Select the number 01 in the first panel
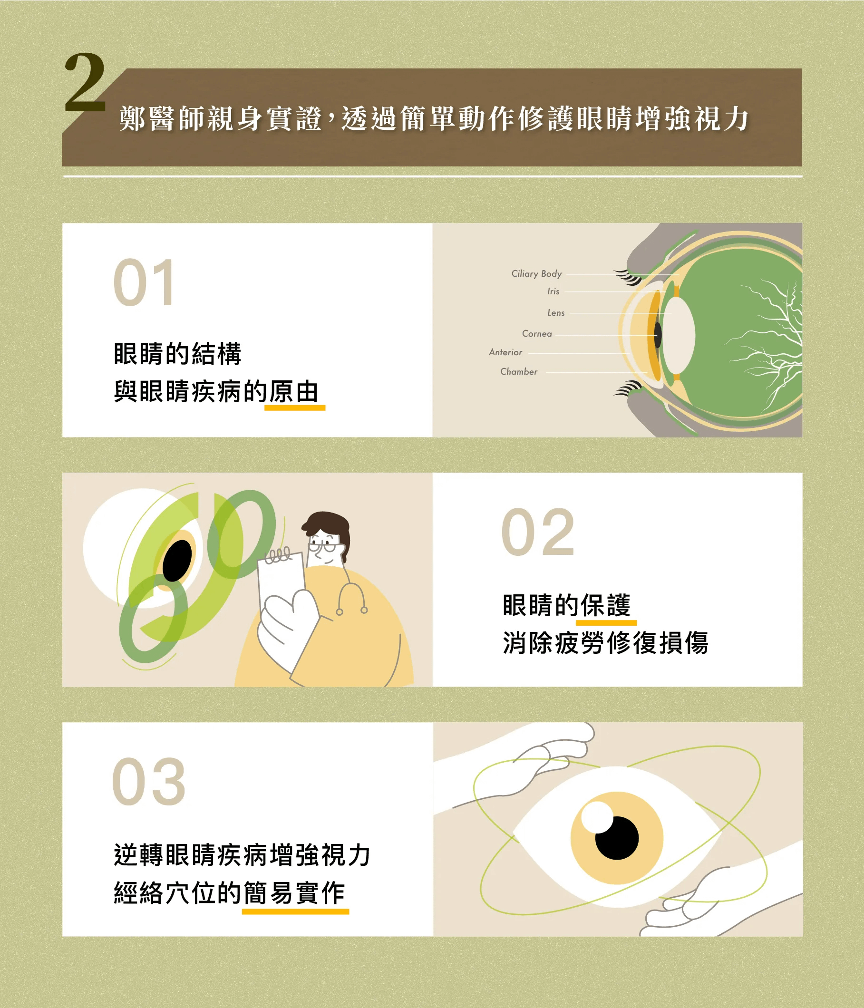(144, 282)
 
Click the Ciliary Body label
(536, 273)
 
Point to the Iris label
(553, 291)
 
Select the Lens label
(556, 313)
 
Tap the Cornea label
(537, 334)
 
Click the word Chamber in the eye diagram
(519, 372)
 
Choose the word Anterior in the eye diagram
(505, 352)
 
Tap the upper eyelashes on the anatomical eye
(629, 277)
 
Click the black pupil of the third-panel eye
(617, 838)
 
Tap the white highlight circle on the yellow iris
(597, 817)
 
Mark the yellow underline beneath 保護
(606, 623)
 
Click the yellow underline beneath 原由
(295, 408)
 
